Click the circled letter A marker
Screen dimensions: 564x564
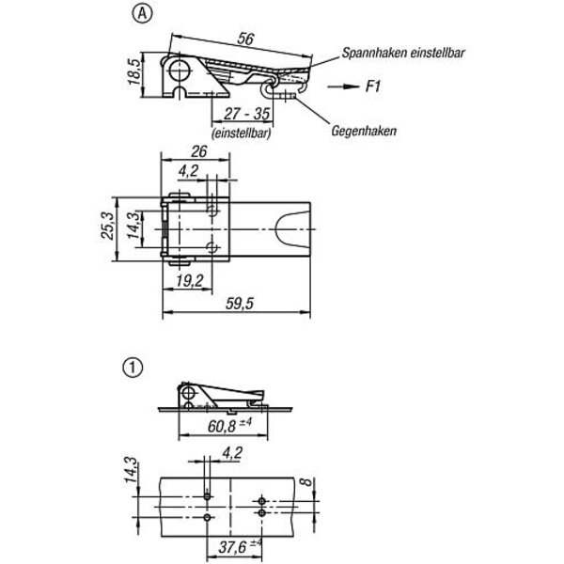pyautogui.click(x=143, y=14)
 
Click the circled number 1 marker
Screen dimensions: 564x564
pyautogui.click(x=133, y=368)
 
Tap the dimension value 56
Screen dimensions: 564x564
pyautogui.click(x=245, y=39)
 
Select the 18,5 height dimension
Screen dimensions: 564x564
pyautogui.click(x=134, y=72)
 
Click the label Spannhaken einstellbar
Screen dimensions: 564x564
pyautogui.click(x=403, y=53)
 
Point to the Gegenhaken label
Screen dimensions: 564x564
pyautogui.click(x=364, y=131)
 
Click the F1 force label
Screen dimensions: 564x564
pyautogui.click(x=373, y=86)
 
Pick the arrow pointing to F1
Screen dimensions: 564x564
pyautogui.click(x=343, y=86)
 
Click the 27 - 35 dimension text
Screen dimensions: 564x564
pyautogui.click(x=246, y=114)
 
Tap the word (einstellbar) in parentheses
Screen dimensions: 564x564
pyautogui.click(x=242, y=133)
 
